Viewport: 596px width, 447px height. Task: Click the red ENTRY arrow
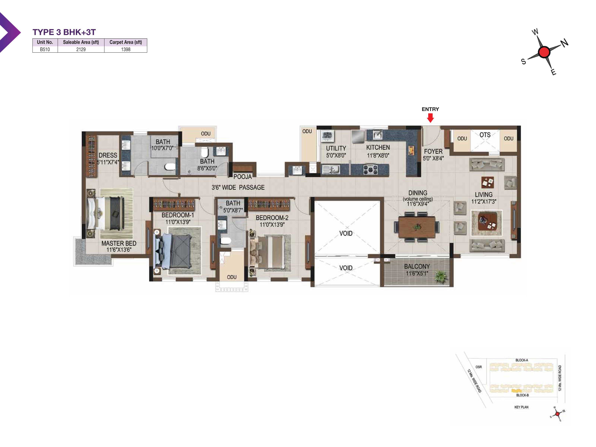tap(430, 118)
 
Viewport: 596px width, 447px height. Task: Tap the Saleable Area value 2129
tap(81, 49)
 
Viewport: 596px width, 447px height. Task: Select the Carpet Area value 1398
tap(126, 49)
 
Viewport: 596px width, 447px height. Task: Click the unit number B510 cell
tap(45, 49)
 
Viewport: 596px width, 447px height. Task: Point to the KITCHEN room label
tap(378, 147)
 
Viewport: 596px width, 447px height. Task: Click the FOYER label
tap(433, 151)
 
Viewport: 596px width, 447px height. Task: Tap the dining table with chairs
tap(417, 227)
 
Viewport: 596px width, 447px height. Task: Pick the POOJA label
tap(242, 177)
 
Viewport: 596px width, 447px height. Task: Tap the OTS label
tap(485, 135)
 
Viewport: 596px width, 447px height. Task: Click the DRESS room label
tap(108, 156)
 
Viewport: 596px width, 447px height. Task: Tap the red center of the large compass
tap(544, 52)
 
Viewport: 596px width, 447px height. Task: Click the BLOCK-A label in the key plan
tap(522, 360)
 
